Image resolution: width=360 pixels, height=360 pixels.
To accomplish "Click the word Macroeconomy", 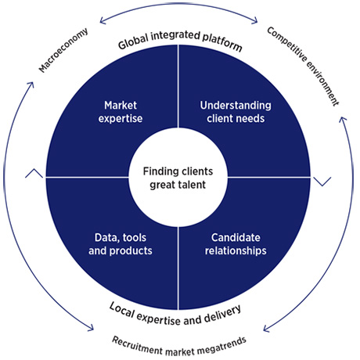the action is click(63, 50).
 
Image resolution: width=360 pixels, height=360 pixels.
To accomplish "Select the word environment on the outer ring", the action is click(323, 84).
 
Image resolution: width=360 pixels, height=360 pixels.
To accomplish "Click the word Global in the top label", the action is click(133, 41).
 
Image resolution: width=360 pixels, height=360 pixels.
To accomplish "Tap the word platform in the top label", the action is click(222, 41).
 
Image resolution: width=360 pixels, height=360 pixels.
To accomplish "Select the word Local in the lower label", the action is click(121, 310).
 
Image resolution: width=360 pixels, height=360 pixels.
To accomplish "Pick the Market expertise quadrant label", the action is click(121, 112).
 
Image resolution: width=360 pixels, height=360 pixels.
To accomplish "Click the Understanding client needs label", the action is click(236, 112).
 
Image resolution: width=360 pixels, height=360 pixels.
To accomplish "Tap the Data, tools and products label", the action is click(121, 244).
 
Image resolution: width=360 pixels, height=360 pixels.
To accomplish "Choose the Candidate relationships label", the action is click(236, 244).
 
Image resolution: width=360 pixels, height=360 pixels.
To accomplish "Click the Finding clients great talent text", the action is click(178, 178).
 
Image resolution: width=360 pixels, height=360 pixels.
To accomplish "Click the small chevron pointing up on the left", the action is click(34, 173).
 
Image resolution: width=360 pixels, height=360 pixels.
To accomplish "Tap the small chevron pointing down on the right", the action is click(322, 182).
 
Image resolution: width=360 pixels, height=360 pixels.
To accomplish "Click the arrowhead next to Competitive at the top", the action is click(254, 20).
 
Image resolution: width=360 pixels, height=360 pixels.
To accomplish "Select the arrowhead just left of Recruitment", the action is click(90, 327).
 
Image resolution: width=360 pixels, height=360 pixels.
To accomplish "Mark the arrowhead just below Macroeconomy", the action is click(31, 85).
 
